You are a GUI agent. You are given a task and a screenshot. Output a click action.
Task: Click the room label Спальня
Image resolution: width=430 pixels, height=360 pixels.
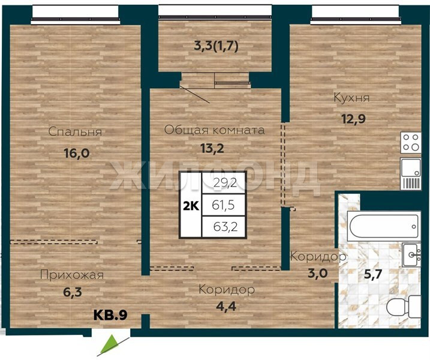pos(75,132)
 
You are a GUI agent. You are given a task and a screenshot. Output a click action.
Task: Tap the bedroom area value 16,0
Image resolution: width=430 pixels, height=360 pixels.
pos(77,153)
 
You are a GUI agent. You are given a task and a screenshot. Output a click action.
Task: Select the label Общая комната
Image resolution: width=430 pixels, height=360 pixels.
pos(215,130)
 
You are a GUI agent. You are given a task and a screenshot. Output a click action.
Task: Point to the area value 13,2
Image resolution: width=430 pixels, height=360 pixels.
pos(212,148)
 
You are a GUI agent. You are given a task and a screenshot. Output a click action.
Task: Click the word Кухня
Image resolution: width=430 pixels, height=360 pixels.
pos(351,98)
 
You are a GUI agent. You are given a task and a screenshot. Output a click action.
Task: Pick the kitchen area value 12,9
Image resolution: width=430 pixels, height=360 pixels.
pos(353,119)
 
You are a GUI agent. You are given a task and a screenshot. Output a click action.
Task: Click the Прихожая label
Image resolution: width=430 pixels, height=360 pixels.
pos(72,275)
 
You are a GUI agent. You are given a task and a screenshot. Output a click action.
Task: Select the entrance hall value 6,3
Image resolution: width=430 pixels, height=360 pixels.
pos(73,292)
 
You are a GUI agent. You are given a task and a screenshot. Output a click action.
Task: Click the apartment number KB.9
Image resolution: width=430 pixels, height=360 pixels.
pos(110,315)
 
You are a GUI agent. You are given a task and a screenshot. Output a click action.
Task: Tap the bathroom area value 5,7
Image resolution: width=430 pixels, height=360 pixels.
pos(372,274)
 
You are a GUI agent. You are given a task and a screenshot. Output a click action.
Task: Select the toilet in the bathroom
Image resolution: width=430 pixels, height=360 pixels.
pos(403,307)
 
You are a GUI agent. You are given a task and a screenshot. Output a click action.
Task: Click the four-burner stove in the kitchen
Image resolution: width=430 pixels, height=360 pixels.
pos(411,142)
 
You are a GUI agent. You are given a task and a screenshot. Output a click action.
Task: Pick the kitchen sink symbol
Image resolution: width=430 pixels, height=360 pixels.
pos(411,173)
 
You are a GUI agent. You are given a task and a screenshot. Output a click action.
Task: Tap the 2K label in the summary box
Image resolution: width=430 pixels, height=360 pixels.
pos(191,206)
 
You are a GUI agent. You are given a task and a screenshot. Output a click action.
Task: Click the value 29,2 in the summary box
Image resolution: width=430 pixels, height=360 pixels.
pos(225,182)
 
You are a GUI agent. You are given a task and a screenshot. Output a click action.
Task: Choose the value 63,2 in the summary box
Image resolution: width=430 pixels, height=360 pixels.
pos(225,227)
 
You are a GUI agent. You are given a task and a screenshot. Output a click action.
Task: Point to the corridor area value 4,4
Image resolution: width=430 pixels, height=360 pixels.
pos(226,307)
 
